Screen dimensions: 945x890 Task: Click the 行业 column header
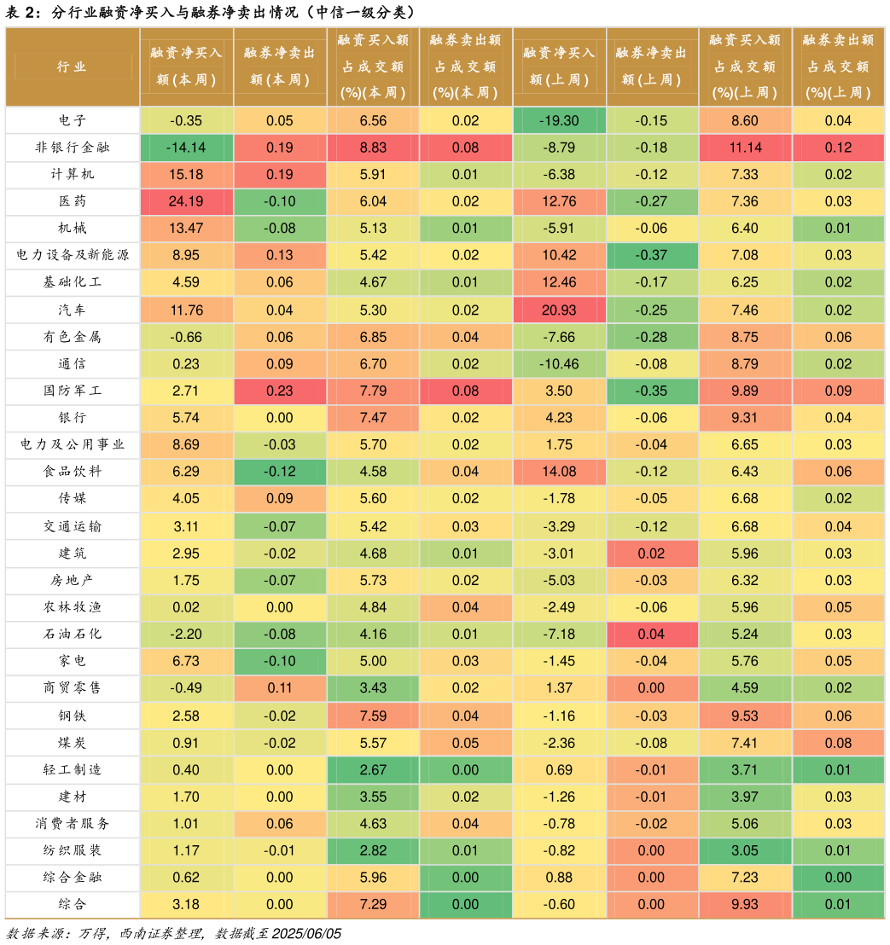[x=73, y=67]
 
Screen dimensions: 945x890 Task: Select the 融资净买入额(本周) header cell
[x=186, y=67]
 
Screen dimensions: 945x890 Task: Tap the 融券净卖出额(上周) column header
[x=652, y=67]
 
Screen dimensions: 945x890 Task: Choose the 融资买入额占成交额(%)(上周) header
[x=745, y=67]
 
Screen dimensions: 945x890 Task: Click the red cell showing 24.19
[x=186, y=202]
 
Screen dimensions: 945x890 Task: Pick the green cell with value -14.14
[x=186, y=148]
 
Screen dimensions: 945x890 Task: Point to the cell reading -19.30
[x=559, y=120]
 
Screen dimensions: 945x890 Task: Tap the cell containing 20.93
[x=559, y=310]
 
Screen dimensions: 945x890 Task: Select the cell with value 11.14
[x=745, y=148]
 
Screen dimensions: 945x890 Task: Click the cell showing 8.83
[x=373, y=148]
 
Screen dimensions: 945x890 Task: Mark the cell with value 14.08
[x=559, y=472]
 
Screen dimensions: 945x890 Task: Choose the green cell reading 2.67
[x=373, y=770]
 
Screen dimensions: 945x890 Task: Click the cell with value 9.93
[x=745, y=904]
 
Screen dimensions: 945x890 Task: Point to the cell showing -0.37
[x=652, y=256]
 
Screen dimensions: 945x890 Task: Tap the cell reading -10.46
[x=559, y=364]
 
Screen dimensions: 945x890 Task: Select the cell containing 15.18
[x=186, y=175]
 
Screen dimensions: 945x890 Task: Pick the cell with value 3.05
[x=745, y=850]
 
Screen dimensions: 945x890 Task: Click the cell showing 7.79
[x=373, y=391]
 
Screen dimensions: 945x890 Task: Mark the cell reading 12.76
[x=559, y=202]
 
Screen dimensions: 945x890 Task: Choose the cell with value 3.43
[x=373, y=688]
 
